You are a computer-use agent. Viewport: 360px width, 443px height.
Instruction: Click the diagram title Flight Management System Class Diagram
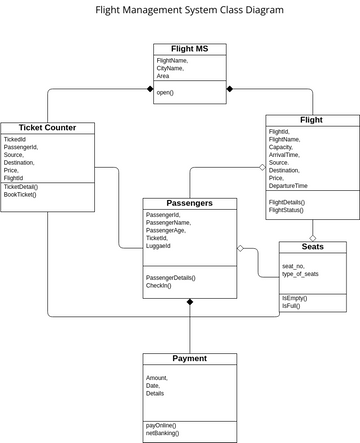coord(189,10)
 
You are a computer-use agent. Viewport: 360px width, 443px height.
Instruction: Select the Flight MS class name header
coord(189,49)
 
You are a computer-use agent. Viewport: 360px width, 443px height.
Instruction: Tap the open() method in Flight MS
coord(165,92)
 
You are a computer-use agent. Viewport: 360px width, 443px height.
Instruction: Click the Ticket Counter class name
coord(47,128)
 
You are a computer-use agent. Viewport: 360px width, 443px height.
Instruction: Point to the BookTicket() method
coord(20,194)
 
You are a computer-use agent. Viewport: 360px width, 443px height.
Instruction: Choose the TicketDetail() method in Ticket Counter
coord(21,186)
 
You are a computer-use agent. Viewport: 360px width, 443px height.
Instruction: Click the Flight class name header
coord(312,120)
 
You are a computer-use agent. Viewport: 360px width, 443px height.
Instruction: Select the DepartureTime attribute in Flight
coord(288,186)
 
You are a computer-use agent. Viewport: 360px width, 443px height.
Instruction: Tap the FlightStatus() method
coord(287,210)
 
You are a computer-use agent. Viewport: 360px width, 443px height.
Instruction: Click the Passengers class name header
coord(190,203)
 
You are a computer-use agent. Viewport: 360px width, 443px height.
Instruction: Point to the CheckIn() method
coord(159,286)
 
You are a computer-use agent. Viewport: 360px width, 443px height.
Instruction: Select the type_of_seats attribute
coord(300,274)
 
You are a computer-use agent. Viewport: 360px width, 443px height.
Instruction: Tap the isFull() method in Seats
coord(291,306)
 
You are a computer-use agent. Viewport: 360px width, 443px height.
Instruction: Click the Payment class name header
coord(190,358)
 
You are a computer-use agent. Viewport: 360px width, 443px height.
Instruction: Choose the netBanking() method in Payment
coord(163,433)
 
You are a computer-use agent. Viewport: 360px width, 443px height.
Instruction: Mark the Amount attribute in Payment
coord(157,377)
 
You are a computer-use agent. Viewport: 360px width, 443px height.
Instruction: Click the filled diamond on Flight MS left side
coord(150,90)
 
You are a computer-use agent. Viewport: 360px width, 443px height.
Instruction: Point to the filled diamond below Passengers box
coord(190,301)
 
